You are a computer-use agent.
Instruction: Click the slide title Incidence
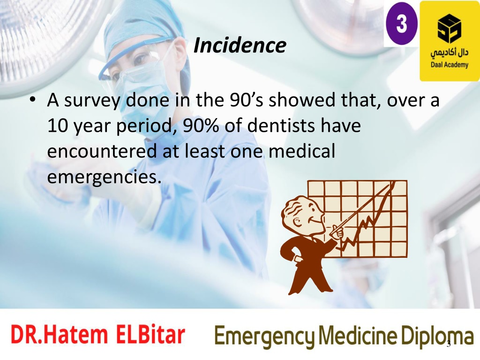coord(240,45)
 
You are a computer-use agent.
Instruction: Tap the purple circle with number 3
coord(402,23)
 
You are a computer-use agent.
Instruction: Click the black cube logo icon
coord(450,29)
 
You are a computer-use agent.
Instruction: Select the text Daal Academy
coord(450,65)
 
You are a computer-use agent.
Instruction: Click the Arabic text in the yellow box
coord(450,53)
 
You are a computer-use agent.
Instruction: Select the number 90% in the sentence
coord(201,126)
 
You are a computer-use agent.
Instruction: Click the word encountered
coord(102,151)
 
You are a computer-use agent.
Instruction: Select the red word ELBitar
coord(150,334)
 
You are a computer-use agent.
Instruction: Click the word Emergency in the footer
coord(265,337)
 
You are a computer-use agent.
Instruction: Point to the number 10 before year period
coord(57,126)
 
